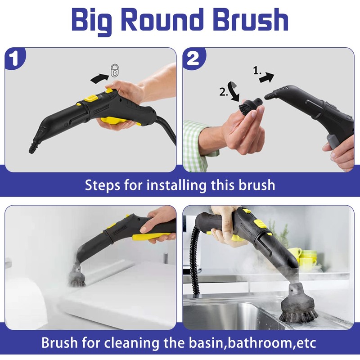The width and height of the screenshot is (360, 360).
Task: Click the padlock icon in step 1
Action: [x=116, y=70]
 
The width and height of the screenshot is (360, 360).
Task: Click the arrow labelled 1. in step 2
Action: [x=266, y=77]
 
